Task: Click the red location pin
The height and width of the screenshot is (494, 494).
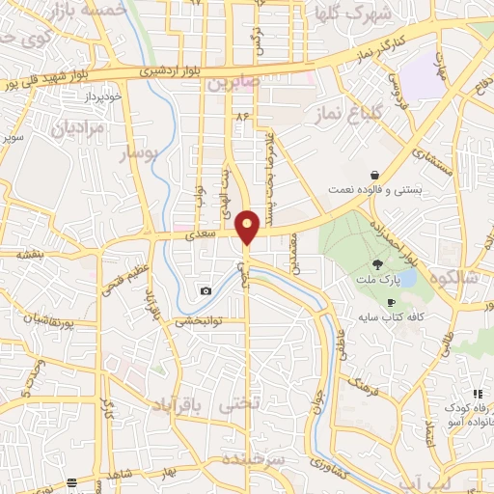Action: click(x=248, y=228)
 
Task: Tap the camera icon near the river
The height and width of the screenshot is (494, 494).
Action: click(x=206, y=290)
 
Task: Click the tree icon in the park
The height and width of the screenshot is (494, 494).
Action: click(x=378, y=263)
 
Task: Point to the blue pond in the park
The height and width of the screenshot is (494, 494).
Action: click(x=408, y=278)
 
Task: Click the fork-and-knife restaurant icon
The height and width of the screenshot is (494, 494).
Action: click(x=477, y=394)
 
